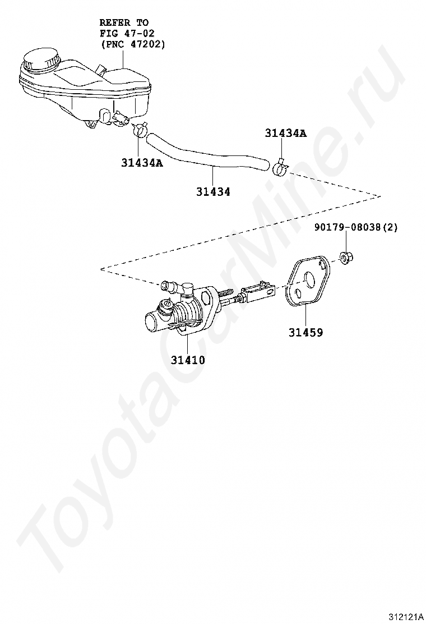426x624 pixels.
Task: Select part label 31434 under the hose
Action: pos(213,191)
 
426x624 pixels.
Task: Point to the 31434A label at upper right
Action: pos(286,133)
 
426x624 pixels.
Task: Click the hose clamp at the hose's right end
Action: pos(280,167)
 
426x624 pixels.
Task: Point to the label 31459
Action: pos(305,332)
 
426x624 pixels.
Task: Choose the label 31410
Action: pos(188,360)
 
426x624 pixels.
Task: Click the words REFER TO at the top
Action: pos(124,22)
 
